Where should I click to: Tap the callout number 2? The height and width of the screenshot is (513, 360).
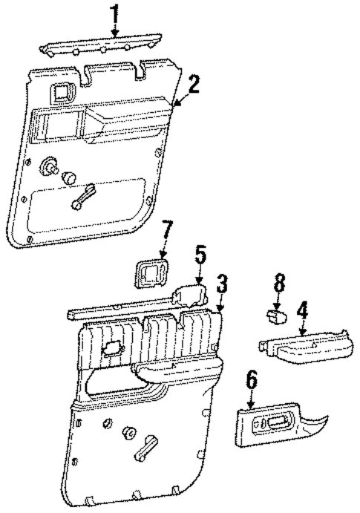click(194, 84)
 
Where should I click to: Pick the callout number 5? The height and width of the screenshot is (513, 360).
click(200, 256)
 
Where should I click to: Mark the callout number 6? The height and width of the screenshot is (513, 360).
click(251, 379)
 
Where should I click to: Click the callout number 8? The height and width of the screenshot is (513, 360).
click(278, 284)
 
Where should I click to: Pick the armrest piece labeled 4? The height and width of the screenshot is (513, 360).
click(304, 347)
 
